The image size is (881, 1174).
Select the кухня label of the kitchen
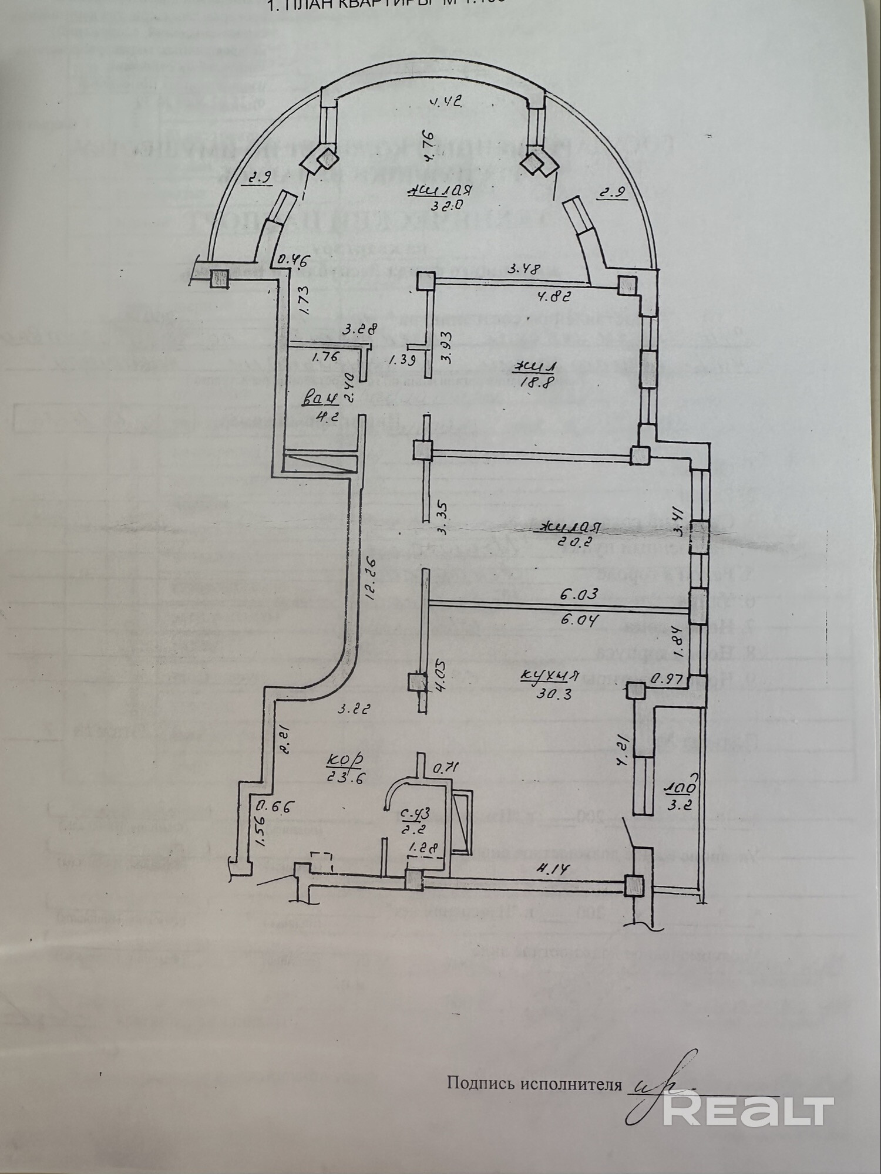(550, 675)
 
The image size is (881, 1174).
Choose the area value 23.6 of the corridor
(345, 778)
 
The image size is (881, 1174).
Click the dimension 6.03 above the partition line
(579, 594)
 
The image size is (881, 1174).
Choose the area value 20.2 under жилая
(568, 542)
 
